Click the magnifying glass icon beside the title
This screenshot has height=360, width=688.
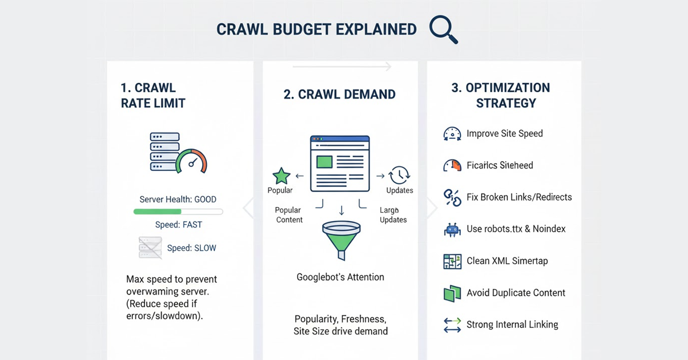[444, 30]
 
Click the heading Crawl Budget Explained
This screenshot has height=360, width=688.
[316, 30]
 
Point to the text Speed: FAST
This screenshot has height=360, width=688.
[178, 225]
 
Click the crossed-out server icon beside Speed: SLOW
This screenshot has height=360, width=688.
[150, 248]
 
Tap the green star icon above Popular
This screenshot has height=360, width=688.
[281, 176]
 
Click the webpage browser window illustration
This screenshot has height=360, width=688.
[339, 163]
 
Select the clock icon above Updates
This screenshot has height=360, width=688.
[399, 175]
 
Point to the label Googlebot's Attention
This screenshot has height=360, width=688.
[341, 277]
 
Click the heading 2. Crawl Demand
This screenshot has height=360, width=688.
[339, 95]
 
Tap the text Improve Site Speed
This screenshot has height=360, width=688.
[505, 134]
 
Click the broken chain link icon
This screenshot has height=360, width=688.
[452, 197]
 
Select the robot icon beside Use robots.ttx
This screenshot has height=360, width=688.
[452, 229]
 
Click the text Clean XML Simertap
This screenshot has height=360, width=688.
[507, 261]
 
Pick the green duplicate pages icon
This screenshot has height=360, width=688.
[452, 293]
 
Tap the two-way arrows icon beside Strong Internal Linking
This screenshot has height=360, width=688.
[452, 325]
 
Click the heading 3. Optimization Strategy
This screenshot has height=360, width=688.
[501, 96]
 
